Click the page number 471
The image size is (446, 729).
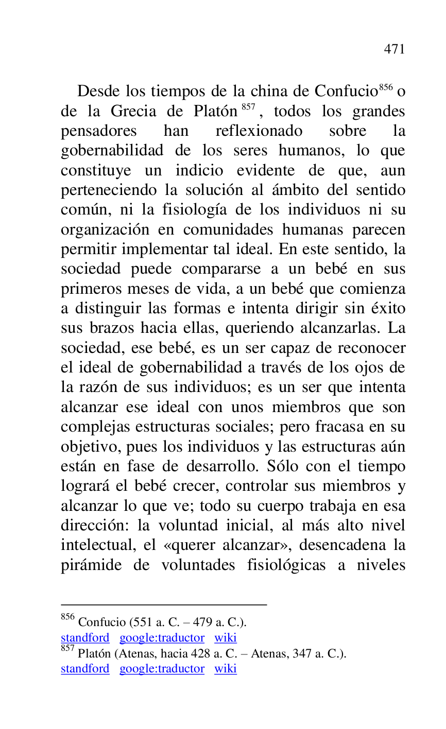point(394,49)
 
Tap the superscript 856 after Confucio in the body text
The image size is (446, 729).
point(386,87)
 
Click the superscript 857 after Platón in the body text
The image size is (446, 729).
point(248,107)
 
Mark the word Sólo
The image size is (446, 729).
point(284,466)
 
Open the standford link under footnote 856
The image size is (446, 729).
point(85,638)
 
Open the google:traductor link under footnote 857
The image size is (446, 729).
point(162,669)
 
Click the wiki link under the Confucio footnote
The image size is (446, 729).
point(226,638)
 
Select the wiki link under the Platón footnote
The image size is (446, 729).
point(226,669)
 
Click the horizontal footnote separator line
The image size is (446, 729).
point(164,604)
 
